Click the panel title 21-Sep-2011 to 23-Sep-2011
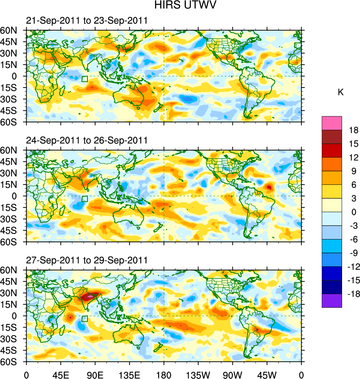(x=86, y=21)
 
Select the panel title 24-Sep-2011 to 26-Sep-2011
(x=86, y=141)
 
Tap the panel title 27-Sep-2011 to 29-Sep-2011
(x=86, y=260)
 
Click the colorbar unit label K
(x=340, y=92)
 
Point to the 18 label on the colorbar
(x=354, y=130)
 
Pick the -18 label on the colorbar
(x=352, y=294)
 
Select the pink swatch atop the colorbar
(x=332, y=123)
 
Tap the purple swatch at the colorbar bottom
(x=332, y=301)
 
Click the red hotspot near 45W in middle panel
(x=269, y=187)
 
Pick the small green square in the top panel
(x=85, y=79)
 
